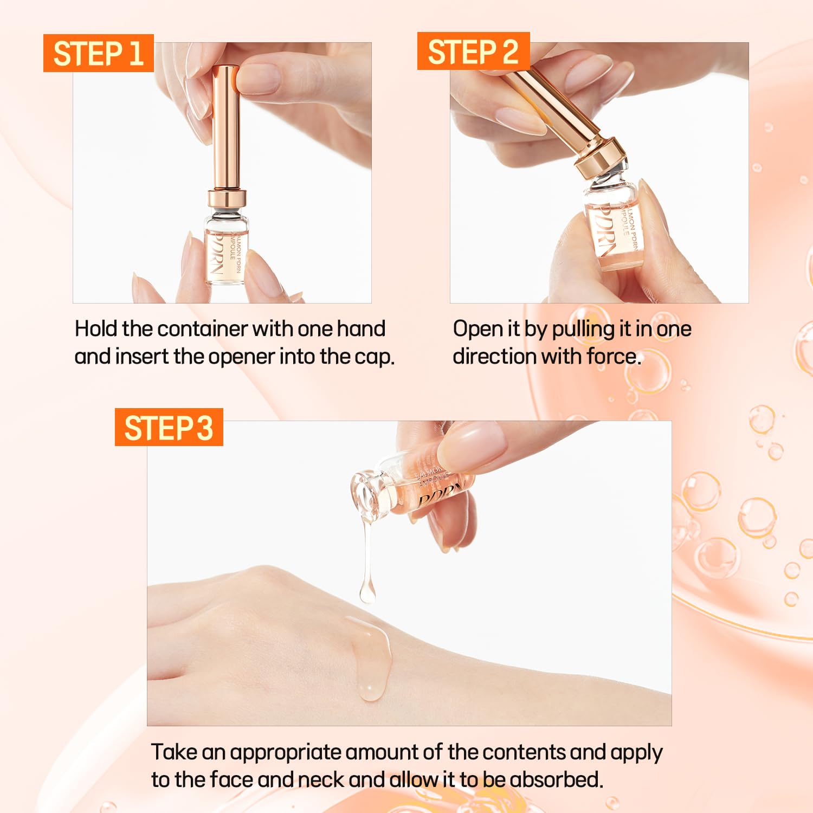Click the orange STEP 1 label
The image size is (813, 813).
point(98,53)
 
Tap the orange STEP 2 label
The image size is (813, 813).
point(473,51)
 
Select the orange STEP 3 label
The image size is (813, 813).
point(169,428)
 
